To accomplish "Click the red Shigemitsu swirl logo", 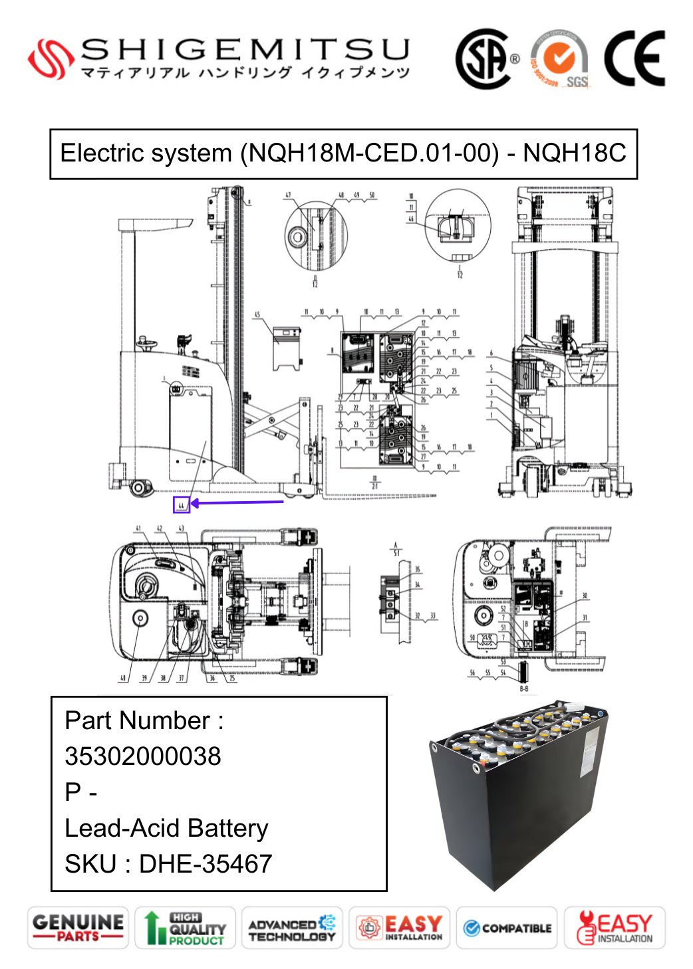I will pos(50,59).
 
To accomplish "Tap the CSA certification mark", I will pos(484,58).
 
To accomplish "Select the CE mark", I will pos(634,58).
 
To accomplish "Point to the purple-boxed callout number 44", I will pos(181,505).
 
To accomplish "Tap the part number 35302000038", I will pos(143,756).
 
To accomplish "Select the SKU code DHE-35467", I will pos(206,864).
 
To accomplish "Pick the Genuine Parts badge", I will pos(78,928).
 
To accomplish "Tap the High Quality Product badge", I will pos(186,928).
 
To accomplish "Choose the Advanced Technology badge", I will pos(292,928).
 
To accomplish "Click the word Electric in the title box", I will pos(100,154).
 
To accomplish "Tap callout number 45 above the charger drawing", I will pos(257,315).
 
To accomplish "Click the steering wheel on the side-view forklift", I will pos(148,344).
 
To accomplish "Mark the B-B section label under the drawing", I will pos(524,689).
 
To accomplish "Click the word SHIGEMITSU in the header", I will pos(245,50).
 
